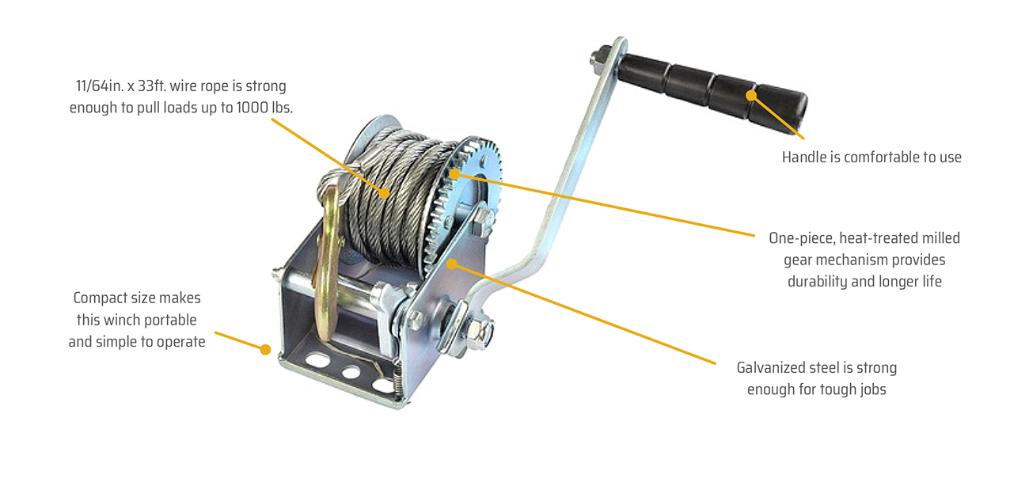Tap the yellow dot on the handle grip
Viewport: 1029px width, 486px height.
[751, 96]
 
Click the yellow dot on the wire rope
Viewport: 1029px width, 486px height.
[385, 193]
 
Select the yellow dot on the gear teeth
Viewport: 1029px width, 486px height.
[454, 174]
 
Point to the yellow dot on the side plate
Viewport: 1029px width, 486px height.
[452, 264]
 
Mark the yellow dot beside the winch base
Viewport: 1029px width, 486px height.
[265, 350]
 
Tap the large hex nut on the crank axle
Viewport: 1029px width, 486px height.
[480, 332]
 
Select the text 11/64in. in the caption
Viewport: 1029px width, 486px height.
[98, 86]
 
